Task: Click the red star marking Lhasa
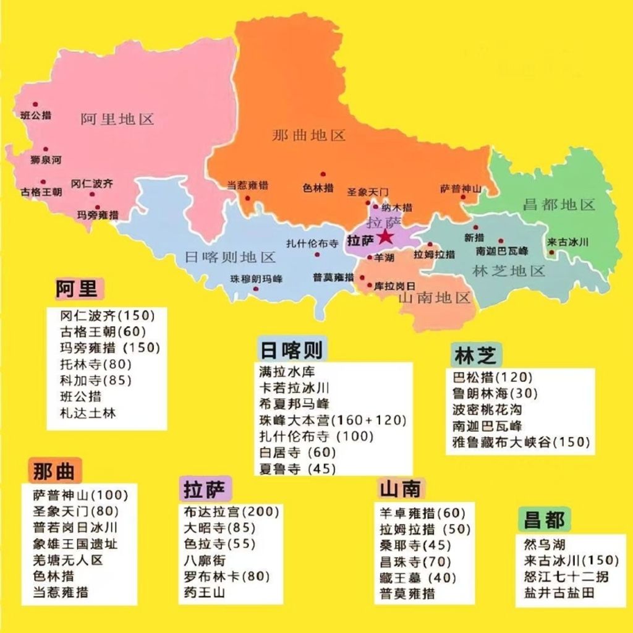386,237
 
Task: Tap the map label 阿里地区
117,119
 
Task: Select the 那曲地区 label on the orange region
308,135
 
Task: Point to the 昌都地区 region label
559,205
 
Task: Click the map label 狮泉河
46,160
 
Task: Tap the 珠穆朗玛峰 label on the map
256,278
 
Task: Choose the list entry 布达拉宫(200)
231,512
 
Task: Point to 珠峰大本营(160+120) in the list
333,420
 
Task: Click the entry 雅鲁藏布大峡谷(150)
521,442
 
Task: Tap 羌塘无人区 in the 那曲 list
68,560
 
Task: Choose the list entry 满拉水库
287,372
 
